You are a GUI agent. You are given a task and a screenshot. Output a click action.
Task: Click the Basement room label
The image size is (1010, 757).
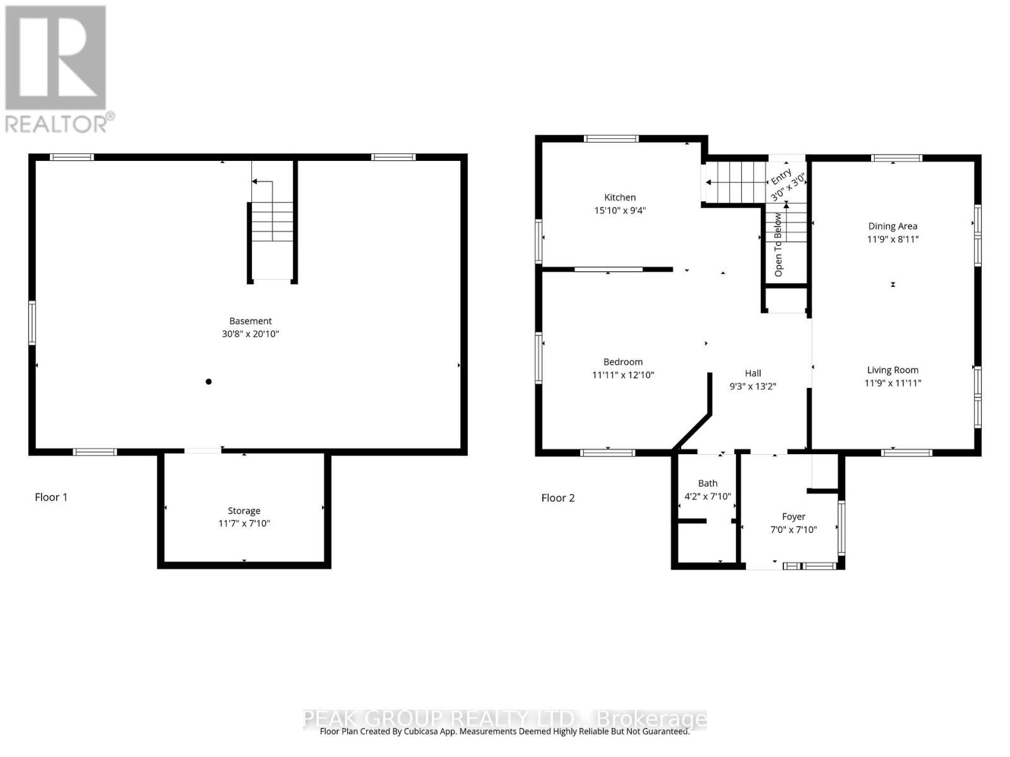coord(250,320)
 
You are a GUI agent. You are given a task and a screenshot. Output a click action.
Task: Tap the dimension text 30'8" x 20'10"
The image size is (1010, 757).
coord(250,334)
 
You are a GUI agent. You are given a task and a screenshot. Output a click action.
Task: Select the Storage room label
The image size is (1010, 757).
coord(244,510)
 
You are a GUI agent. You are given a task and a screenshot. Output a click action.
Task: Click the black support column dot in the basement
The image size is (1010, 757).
coord(208,382)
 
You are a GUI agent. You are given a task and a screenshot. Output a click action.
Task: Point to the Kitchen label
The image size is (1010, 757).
coord(620,197)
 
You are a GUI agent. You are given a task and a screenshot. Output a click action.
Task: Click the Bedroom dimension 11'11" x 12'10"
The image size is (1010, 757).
coord(622,375)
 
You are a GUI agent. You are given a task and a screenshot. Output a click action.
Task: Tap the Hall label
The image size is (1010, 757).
coord(752,373)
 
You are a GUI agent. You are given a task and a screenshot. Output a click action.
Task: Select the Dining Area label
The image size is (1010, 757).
coord(892,226)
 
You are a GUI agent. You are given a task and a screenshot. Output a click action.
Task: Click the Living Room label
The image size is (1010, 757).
coord(892,370)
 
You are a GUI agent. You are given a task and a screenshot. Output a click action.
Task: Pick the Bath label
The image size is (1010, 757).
coord(707,483)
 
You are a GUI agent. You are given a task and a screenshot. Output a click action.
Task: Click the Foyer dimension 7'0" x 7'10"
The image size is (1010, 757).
coord(793,530)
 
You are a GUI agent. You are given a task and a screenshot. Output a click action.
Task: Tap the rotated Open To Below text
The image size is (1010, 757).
coord(778,245)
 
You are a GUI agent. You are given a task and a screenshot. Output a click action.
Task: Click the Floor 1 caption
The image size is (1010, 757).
coord(51,497)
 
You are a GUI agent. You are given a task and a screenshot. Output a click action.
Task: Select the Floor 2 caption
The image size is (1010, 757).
coord(558,498)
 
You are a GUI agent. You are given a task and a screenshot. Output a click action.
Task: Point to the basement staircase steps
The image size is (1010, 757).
coord(272,221)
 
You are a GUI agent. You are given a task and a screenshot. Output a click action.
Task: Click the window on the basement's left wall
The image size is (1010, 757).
coord(32,323)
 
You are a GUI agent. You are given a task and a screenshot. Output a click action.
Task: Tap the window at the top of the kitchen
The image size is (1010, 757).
coord(610,139)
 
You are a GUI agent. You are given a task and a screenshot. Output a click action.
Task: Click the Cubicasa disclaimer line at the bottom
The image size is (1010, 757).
coord(504,732)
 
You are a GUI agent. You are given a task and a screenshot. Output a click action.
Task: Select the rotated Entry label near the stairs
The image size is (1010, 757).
coord(781,176)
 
